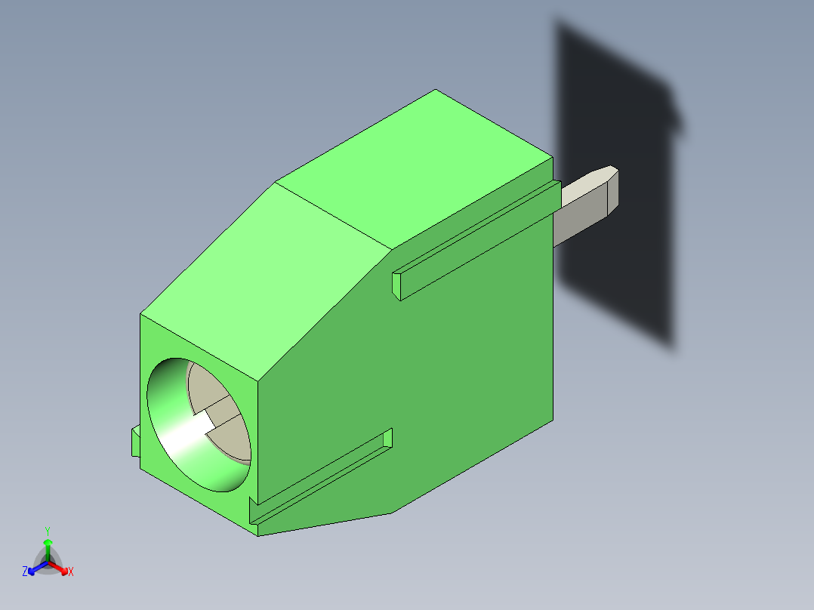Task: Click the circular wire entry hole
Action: point(198,424)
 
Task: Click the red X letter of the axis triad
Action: point(71,572)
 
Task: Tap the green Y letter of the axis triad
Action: point(47,531)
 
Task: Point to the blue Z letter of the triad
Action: point(25,572)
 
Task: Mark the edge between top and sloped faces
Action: point(332,215)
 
